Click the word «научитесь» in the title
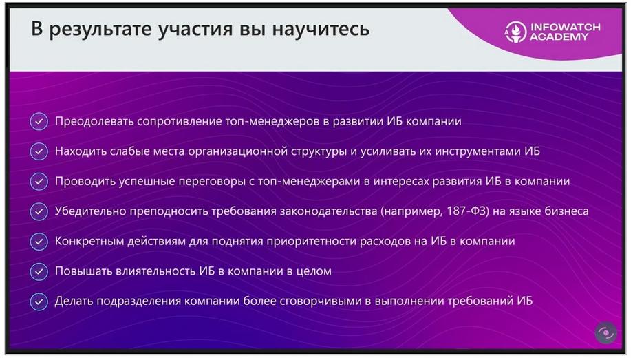click(321, 29)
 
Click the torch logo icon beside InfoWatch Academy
click(515, 32)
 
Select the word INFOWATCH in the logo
click(565, 27)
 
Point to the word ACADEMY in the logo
click(559, 36)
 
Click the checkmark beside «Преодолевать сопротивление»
click(39, 121)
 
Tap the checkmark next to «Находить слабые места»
click(39, 151)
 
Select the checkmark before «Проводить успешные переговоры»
click(39, 182)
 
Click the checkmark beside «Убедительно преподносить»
click(39, 211)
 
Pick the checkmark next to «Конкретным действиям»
click(39, 242)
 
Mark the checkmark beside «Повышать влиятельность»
click(39, 271)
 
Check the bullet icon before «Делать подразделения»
click(39, 301)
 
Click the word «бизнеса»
click(566, 211)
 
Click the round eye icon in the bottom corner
click(605, 333)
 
